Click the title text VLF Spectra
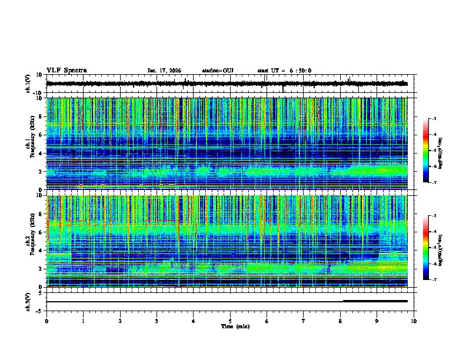coord(66,71)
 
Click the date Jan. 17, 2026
coord(164,71)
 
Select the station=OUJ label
coord(218,71)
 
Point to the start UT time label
coord(284,71)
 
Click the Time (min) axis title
coord(235,326)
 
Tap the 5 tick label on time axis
coord(231,321)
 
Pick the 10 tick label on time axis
coord(414,321)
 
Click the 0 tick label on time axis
coord(46,321)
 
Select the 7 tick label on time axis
coord(304,321)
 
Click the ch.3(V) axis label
coord(29,301)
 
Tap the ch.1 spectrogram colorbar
coord(431,151)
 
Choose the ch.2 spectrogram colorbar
coord(431,248)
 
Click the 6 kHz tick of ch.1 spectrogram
coord(41,135)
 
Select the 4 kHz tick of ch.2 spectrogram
coord(41,250)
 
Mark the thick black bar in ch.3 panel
coord(375,301)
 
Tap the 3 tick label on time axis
coord(157,321)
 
